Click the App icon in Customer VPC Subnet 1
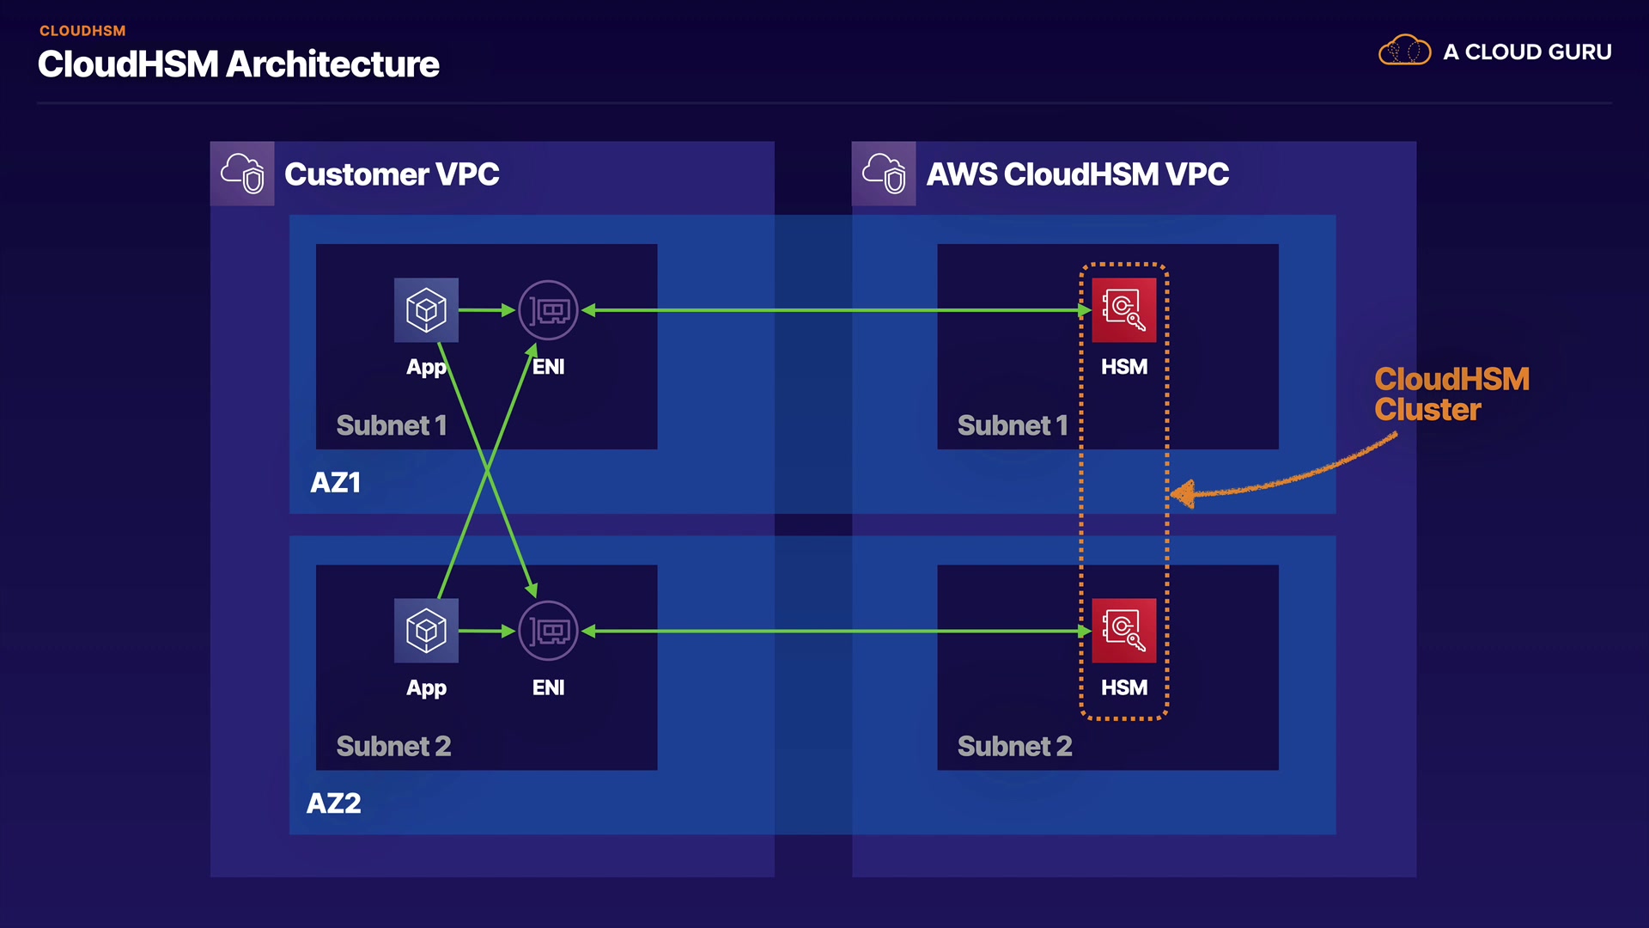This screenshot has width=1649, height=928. (x=426, y=309)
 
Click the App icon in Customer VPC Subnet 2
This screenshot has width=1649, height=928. (x=426, y=631)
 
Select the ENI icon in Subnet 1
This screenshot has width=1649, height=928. (x=548, y=310)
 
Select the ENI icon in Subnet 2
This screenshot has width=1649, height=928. (x=548, y=631)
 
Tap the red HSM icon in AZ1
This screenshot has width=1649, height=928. (x=1123, y=309)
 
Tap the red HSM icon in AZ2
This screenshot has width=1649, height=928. (x=1123, y=631)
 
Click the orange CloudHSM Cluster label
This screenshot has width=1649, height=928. (x=1451, y=394)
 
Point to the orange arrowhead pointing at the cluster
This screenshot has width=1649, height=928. (x=1184, y=494)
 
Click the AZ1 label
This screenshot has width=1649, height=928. (x=335, y=483)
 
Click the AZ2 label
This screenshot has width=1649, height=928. (x=334, y=803)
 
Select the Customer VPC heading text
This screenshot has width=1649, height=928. (x=392, y=174)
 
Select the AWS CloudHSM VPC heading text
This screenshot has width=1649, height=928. (x=1077, y=174)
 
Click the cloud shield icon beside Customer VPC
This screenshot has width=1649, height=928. (x=242, y=174)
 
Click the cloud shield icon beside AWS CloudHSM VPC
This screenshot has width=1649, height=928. (x=884, y=174)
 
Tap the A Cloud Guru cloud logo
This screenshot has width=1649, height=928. (x=1404, y=51)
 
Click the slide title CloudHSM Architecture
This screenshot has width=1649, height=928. (x=239, y=64)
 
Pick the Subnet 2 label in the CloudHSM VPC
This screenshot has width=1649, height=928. (x=1014, y=746)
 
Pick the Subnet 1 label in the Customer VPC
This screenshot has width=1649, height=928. (x=392, y=425)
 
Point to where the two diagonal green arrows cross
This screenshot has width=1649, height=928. (x=487, y=470)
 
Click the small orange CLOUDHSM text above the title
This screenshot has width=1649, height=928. (x=82, y=31)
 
